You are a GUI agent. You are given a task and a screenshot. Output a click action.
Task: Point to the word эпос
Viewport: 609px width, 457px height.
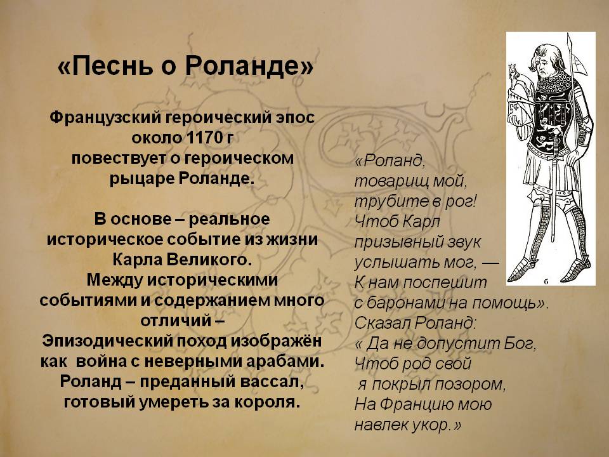295,118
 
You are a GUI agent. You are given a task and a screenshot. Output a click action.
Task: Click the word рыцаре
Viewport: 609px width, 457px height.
141,179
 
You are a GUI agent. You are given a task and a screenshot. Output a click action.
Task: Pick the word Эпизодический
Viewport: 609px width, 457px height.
107,341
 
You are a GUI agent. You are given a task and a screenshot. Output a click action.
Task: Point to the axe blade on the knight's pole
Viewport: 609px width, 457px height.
577,62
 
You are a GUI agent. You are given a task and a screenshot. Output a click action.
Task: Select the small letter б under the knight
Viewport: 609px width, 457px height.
546,282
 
